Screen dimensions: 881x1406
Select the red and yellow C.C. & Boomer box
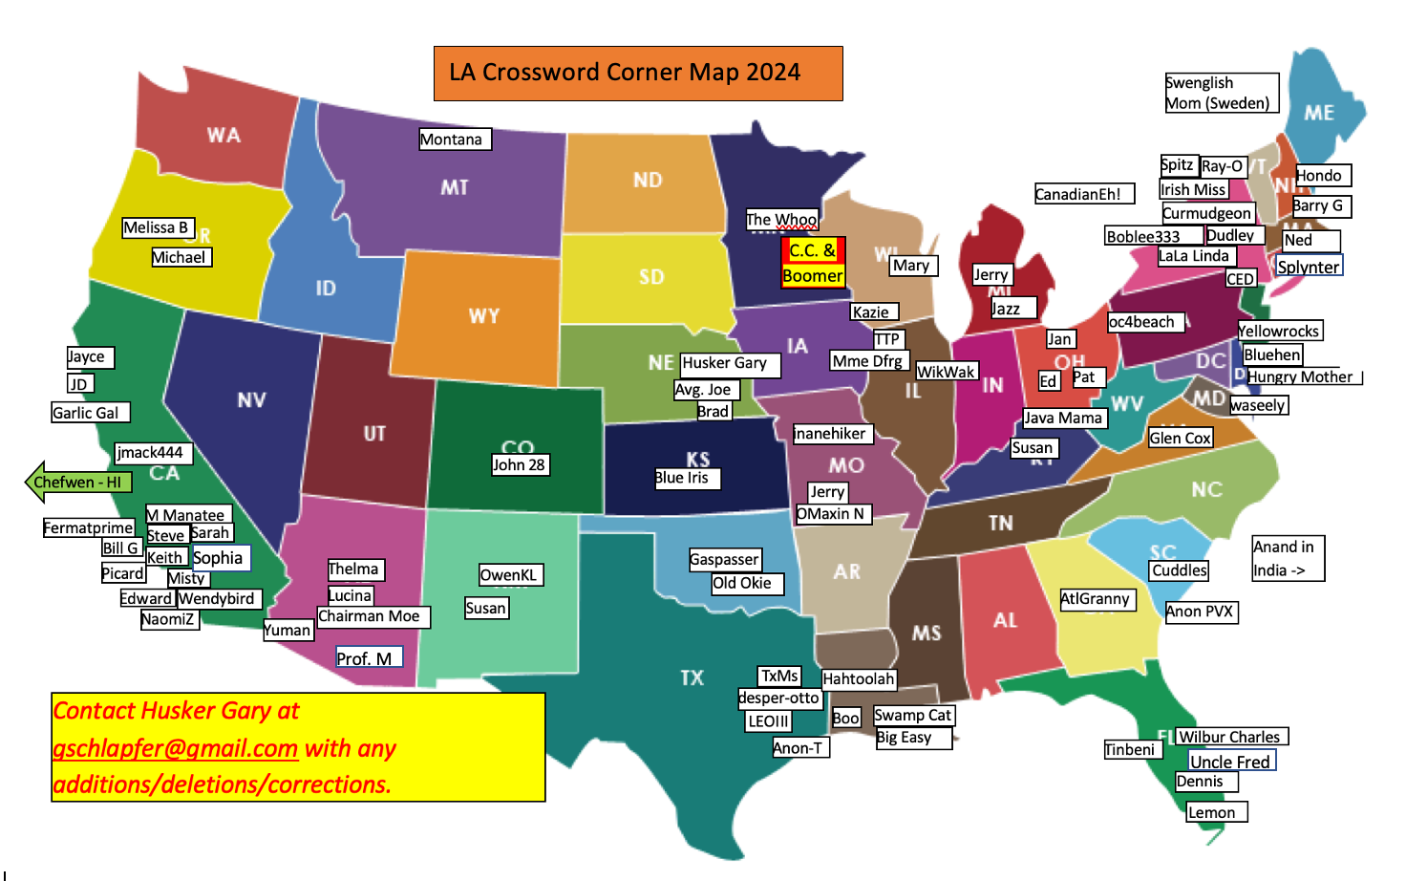click(813, 263)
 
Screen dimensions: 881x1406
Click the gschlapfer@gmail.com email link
click(176, 748)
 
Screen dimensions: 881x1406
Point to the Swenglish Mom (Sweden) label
click(1221, 93)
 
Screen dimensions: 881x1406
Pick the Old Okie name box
click(747, 583)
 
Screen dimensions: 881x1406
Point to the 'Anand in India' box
click(1288, 558)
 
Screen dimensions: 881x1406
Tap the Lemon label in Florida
click(1216, 812)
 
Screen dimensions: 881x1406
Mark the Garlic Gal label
click(90, 413)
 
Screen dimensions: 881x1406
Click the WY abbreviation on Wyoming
click(484, 316)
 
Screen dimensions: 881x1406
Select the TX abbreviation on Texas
click(692, 677)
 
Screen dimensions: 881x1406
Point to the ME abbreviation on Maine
click(1319, 113)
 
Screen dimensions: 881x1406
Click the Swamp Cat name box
click(914, 715)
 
